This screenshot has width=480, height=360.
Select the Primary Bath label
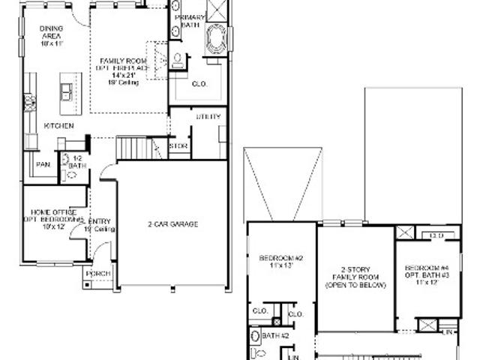(189, 21)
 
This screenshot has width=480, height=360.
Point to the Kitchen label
(58, 126)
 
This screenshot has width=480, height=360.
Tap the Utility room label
(208, 116)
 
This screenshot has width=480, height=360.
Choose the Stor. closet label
(178, 145)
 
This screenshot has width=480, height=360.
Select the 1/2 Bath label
(77, 160)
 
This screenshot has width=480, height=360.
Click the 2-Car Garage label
(172, 223)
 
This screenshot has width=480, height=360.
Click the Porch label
(97, 274)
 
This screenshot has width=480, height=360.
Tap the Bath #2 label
(276, 336)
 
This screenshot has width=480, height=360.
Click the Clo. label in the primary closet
(199, 83)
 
